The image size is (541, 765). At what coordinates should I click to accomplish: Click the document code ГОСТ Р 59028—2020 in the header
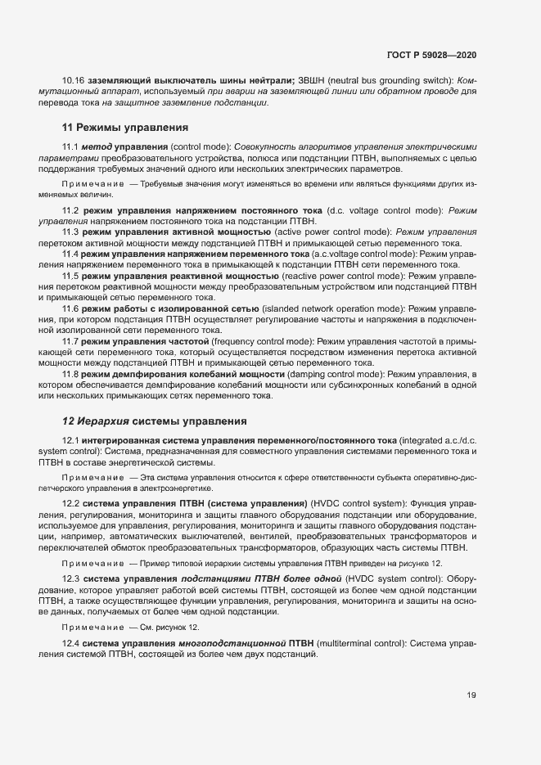[x=431, y=54]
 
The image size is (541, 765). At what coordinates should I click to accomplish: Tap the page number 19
[x=471, y=697]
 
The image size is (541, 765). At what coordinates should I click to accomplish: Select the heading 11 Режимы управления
[x=125, y=128]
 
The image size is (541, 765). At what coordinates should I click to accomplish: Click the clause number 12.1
[x=71, y=440]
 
